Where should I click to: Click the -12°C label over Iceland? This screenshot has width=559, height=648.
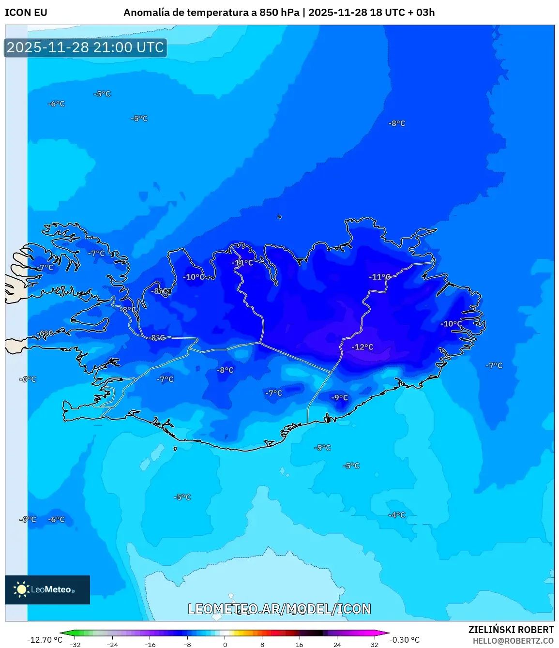363,347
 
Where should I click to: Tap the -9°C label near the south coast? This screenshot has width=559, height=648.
339,397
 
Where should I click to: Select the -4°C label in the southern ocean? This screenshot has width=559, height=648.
396,515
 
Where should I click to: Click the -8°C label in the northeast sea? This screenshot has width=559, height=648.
396,123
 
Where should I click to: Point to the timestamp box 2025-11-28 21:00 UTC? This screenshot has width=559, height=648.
86,47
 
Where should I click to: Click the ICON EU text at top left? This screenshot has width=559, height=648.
26,13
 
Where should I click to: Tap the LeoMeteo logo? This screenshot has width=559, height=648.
47,589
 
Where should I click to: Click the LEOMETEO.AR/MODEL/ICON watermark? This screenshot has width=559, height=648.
279,609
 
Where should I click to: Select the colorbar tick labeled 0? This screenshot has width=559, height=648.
225,644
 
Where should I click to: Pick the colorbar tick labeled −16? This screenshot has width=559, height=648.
150,644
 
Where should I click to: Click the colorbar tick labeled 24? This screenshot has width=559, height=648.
337,644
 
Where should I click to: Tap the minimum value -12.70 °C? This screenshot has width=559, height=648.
45,640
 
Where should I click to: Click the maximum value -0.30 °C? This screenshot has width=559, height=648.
404,640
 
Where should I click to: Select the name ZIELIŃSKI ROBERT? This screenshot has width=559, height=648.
511,630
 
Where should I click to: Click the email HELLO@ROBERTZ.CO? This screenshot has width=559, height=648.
513,641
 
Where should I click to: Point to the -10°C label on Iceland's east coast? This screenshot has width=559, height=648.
451,324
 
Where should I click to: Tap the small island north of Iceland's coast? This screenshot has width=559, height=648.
280,217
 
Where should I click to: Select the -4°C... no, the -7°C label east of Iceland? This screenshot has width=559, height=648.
494,365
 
